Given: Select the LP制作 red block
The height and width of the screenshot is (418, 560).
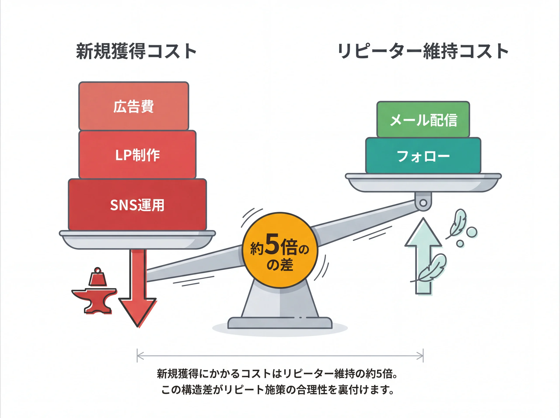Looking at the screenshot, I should pyautogui.click(x=137, y=155).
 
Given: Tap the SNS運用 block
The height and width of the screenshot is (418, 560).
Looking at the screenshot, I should pyautogui.click(x=137, y=205).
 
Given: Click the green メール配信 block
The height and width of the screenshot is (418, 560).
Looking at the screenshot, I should pyautogui.click(x=423, y=119).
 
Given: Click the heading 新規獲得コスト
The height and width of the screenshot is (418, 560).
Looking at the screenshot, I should pyautogui.click(x=136, y=51).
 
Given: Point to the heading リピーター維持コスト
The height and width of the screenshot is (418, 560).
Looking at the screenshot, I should pyautogui.click(x=423, y=51).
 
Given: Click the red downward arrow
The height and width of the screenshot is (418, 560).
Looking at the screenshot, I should pyautogui.click(x=138, y=291).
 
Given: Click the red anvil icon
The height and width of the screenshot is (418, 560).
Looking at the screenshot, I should pyautogui.click(x=95, y=300).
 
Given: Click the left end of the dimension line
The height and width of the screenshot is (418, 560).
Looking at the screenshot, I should pyautogui.click(x=137, y=355).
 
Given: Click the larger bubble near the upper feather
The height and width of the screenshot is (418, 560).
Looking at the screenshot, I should pyautogui.click(x=472, y=232).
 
